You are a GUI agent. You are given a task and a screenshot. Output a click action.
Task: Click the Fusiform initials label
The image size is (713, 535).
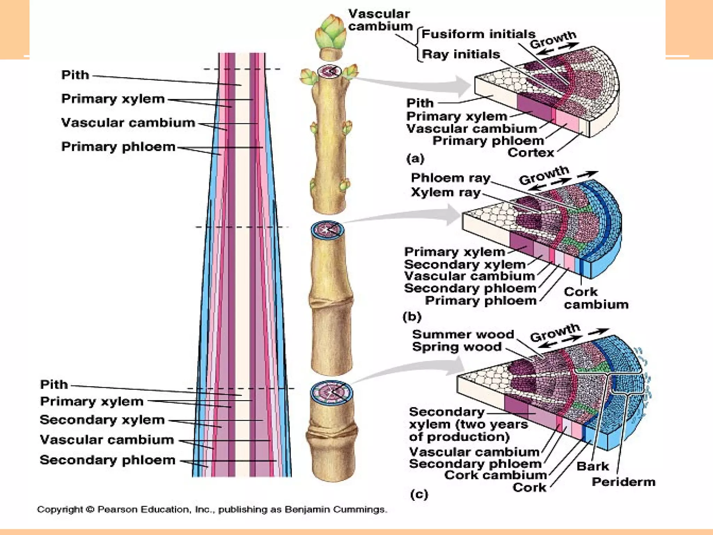pyautogui.click(x=478, y=34)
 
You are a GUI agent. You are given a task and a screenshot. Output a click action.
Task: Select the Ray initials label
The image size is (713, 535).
pyautogui.click(x=461, y=54)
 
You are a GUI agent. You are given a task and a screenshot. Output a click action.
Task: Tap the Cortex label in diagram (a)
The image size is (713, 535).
pyautogui.click(x=531, y=153)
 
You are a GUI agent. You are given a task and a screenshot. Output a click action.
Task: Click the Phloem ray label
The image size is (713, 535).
pyautogui.click(x=450, y=178)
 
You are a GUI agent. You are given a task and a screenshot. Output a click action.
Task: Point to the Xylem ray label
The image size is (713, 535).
pyautogui.click(x=446, y=192)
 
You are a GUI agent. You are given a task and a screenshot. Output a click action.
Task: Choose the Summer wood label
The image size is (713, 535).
pyautogui.click(x=463, y=334)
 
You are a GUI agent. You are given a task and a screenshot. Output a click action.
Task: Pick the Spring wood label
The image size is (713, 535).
pyautogui.click(x=457, y=347)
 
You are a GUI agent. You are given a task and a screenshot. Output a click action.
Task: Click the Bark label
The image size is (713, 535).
pyautogui.click(x=593, y=466)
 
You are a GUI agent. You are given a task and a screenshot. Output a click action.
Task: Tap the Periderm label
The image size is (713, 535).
pyautogui.click(x=623, y=482)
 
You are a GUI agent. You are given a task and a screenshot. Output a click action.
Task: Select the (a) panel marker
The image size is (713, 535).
pyautogui.click(x=415, y=159)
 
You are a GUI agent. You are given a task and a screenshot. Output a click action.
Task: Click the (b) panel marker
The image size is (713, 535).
pyautogui.click(x=412, y=317)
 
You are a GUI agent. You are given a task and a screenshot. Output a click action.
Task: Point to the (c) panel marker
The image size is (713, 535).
pyautogui.click(x=419, y=494)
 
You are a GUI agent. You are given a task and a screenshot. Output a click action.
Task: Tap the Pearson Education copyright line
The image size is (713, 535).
pyautogui.click(x=212, y=510)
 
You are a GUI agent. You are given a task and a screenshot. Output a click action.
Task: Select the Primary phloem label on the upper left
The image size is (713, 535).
pyautogui.click(x=118, y=147)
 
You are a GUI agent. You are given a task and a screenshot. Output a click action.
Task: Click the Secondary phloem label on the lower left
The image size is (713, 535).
pyautogui.click(x=107, y=460)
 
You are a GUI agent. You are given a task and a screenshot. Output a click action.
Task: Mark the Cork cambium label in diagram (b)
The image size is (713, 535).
pyautogui.click(x=596, y=298)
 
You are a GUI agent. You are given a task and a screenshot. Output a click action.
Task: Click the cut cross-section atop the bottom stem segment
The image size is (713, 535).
pyautogui.click(x=331, y=393)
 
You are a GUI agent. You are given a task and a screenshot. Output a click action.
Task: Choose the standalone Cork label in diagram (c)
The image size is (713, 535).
pyautogui.click(x=529, y=488)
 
